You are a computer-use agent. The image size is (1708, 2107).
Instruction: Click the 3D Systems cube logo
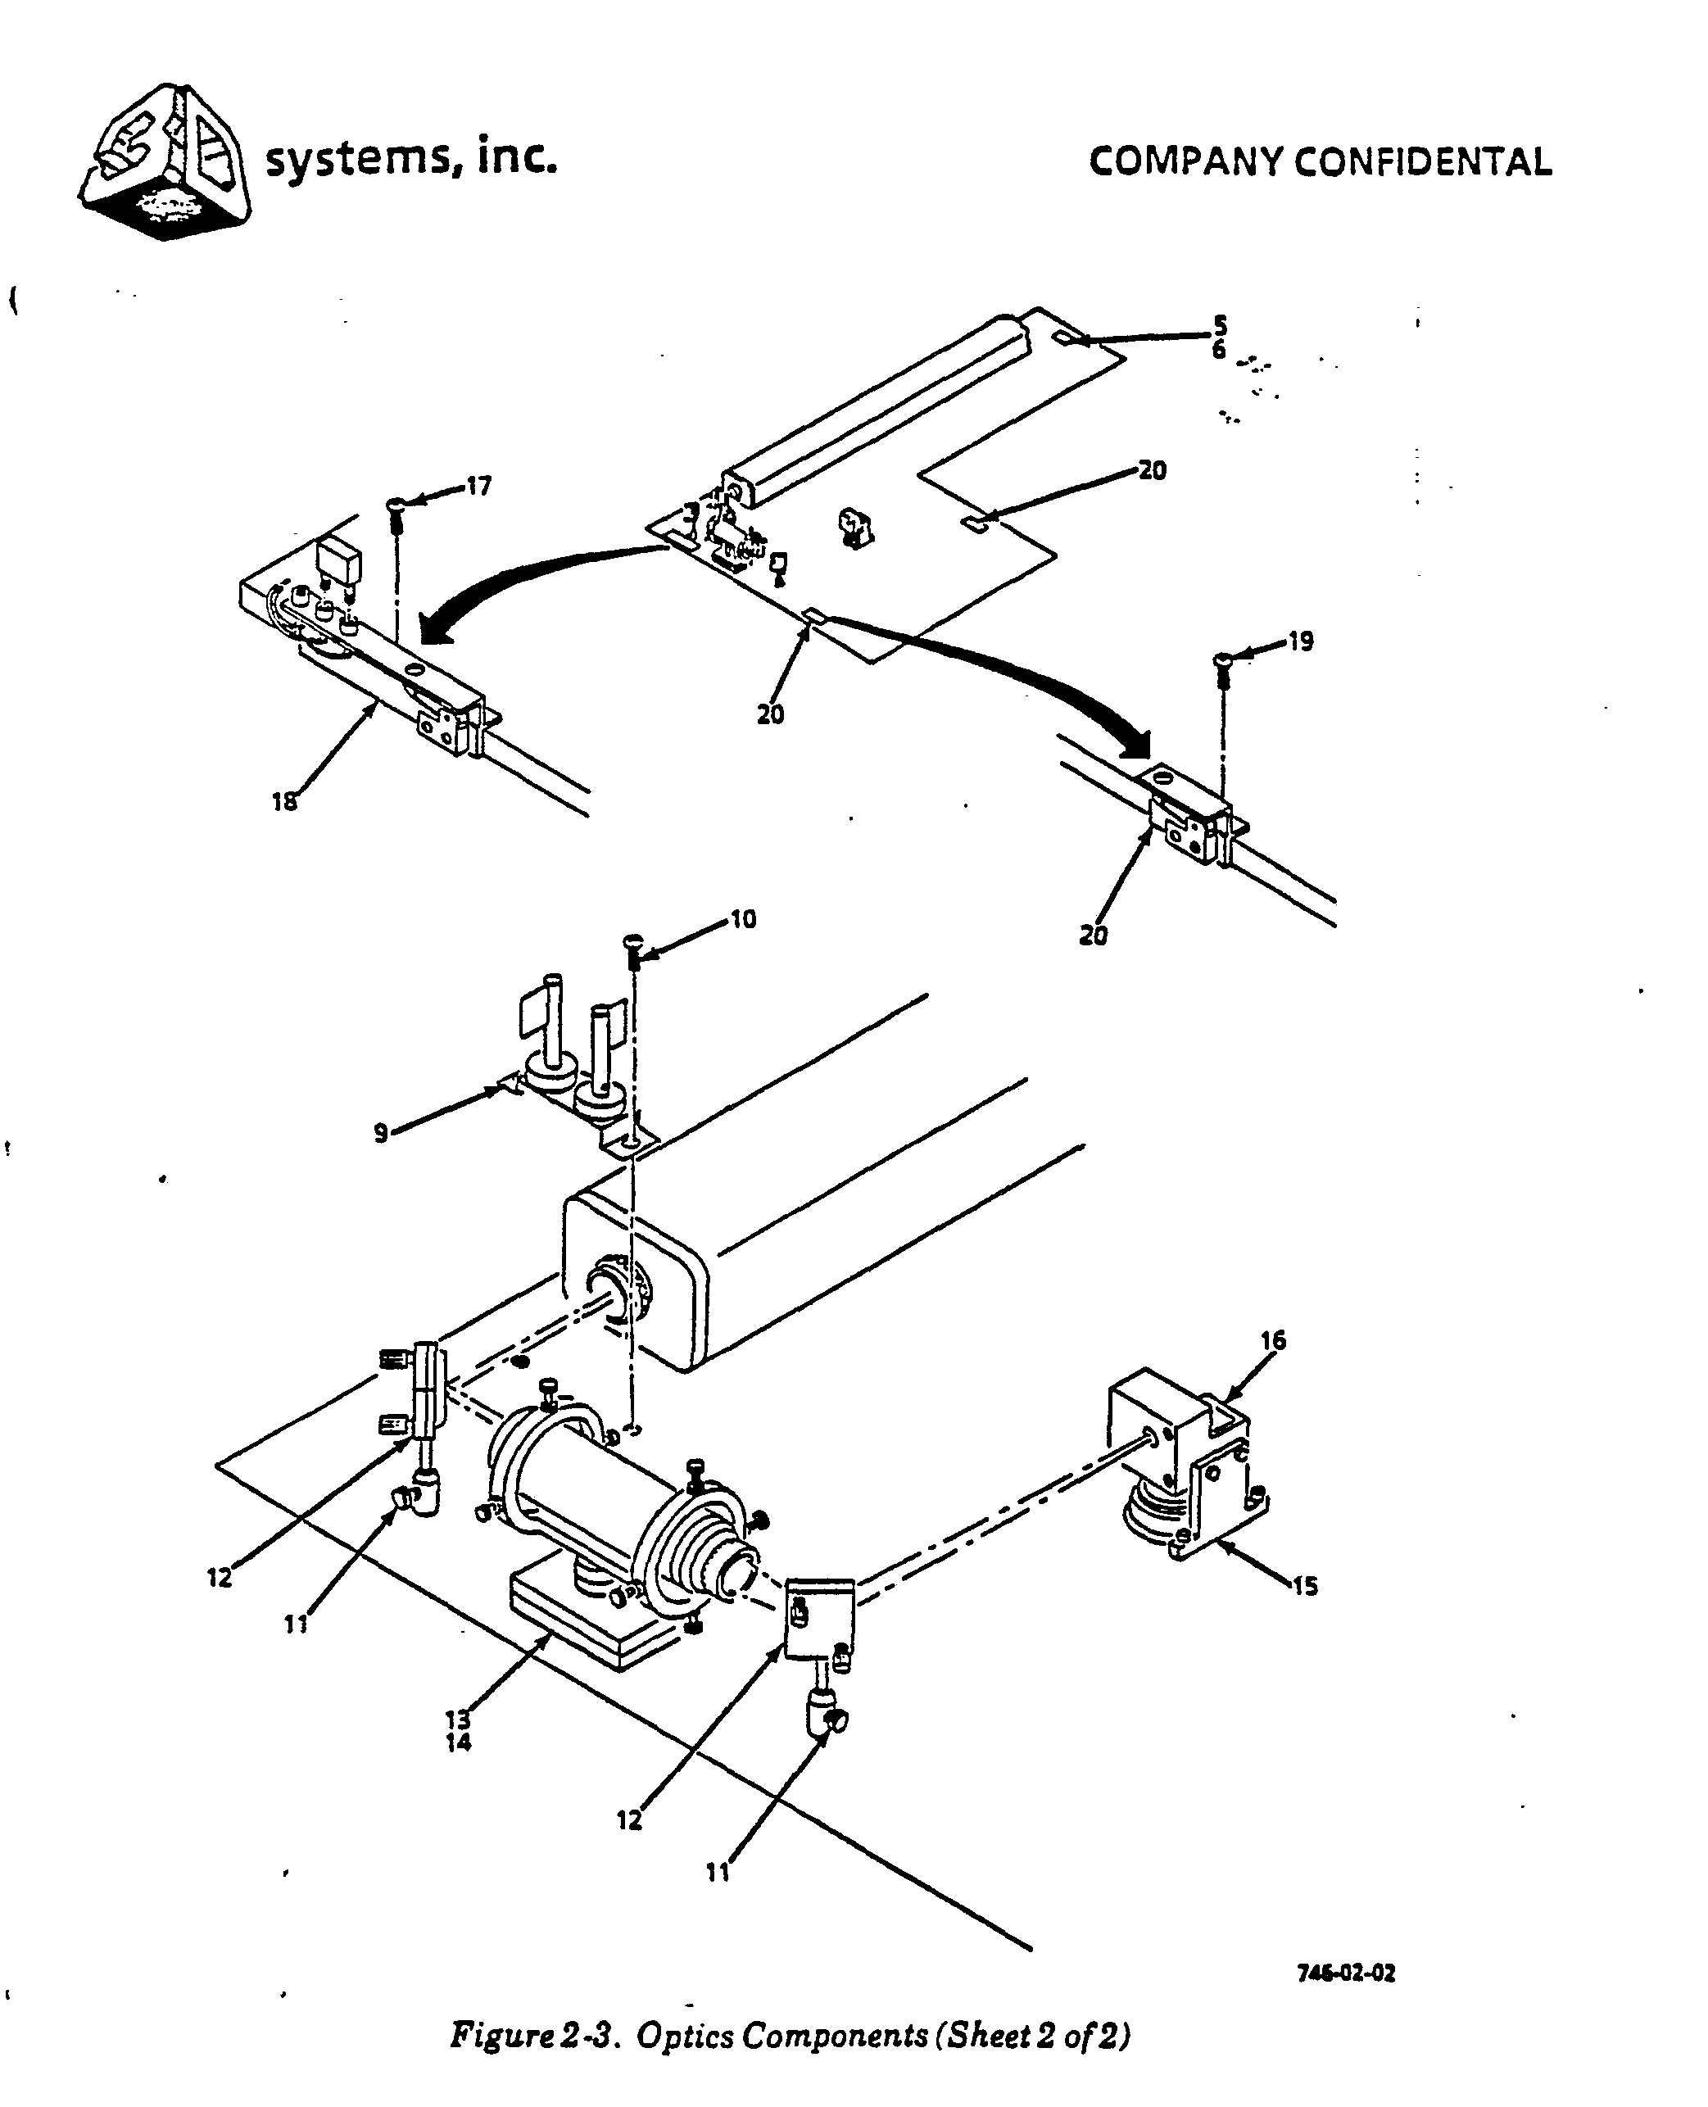coord(165,161)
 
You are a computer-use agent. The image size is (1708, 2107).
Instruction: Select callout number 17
coord(478,487)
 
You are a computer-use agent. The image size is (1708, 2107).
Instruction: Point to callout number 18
coord(284,803)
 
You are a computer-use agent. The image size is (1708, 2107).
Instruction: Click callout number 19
coord(1301,641)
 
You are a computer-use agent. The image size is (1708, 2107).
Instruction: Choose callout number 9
coord(381,1133)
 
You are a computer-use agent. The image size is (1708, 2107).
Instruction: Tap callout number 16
coord(1273,1341)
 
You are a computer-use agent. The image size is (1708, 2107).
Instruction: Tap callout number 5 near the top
coord(1220,324)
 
